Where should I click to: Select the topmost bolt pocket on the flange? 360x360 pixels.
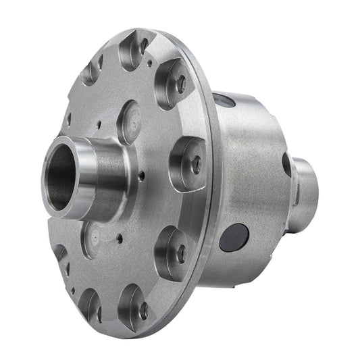pos(136,50)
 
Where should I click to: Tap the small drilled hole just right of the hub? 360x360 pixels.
pos(142,178)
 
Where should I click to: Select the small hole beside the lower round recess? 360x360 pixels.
pos(119,238)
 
